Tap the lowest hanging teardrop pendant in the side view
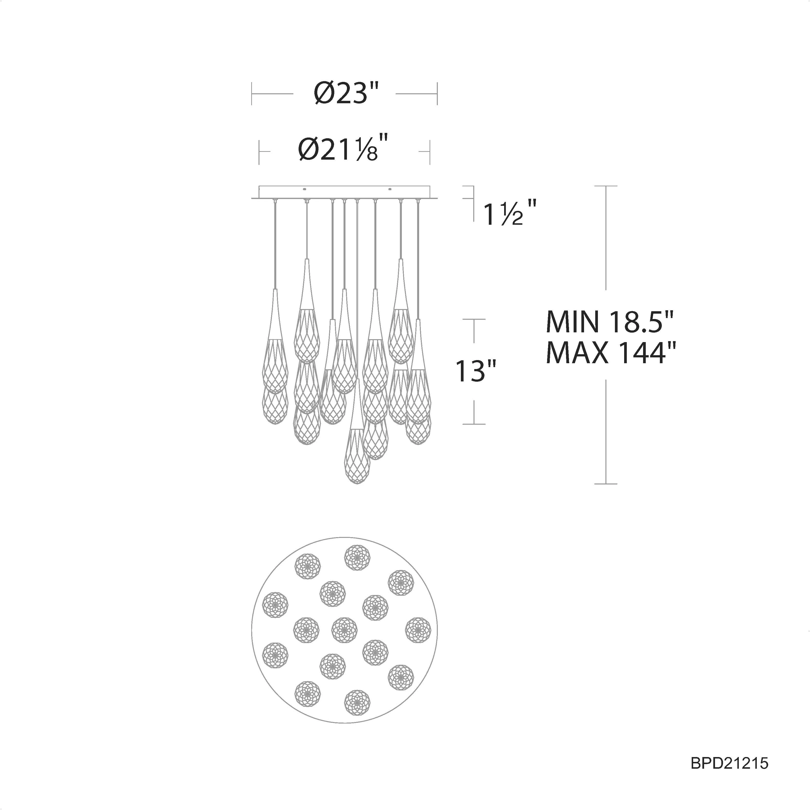click(357, 432)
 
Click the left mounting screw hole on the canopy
click(305, 189)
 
